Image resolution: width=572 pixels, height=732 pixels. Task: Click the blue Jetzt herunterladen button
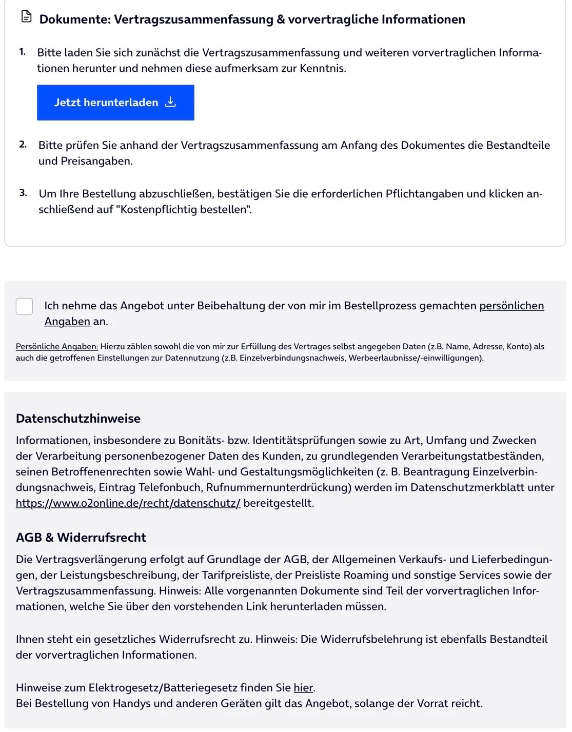[x=115, y=103]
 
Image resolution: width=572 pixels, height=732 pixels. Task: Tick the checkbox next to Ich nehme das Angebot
[x=24, y=306]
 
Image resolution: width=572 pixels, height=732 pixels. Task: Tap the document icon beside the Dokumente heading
[x=26, y=17]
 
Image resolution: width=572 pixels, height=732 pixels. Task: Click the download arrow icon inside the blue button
[x=170, y=102]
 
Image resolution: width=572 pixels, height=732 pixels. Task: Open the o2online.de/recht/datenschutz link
[x=128, y=503]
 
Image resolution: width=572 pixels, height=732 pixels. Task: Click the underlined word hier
[x=303, y=688]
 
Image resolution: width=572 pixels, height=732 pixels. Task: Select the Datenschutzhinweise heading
[x=78, y=419]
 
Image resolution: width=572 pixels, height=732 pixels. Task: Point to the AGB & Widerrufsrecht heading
[x=81, y=538]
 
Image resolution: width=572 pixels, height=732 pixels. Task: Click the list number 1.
[x=22, y=52]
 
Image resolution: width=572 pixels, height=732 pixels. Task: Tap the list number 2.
[x=23, y=145]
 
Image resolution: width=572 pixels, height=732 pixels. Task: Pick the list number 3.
[x=23, y=193]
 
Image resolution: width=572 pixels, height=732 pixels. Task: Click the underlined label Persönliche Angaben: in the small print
[x=56, y=347]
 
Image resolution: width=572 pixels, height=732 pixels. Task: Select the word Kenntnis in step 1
[x=322, y=68]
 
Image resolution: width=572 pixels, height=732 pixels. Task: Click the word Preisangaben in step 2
[x=96, y=161]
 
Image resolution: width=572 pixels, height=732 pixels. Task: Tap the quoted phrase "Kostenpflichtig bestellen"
[x=186, y=209]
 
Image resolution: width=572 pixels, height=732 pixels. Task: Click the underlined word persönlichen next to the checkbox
[x=511, y=306]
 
